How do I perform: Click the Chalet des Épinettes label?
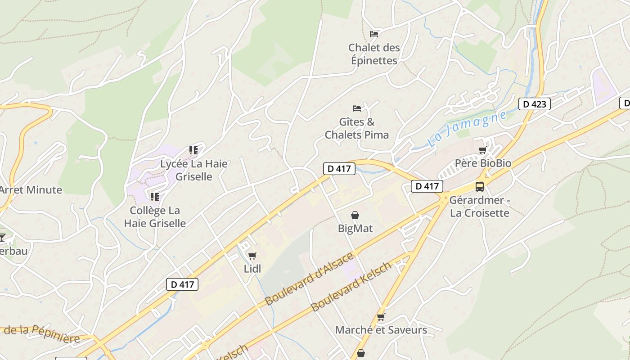point(373,54)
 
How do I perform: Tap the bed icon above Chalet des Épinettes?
point(373,34)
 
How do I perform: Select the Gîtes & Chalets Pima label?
point(357,128)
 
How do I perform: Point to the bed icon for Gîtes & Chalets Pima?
point(357,108)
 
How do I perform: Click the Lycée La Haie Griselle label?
point(194,170)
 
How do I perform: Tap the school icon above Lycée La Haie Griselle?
point(193,150)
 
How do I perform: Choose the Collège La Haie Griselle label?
point(155,216)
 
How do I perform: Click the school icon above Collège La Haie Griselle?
point(155,197)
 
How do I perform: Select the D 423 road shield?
point(535,104)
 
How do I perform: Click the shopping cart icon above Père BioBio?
point(483,150)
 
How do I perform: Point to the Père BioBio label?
point(483,163)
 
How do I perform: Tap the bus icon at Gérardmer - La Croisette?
point(480,186)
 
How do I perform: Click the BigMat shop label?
point(355,228)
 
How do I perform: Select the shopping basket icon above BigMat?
point(355,215)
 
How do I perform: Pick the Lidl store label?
point(252,269)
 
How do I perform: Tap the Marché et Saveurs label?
point(381,330)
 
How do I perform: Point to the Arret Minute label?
point(31,189)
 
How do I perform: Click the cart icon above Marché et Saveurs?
point(381,317)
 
